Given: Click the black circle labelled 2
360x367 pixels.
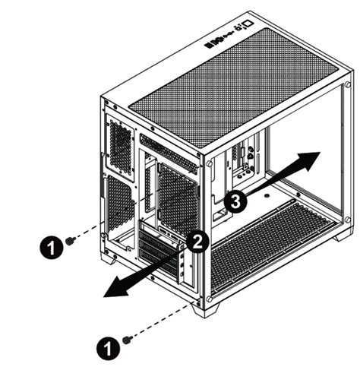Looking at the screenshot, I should pyautogui.click(x=197, y=242).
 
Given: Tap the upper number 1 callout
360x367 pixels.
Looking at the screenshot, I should pyautogui.click(x=50, y=245).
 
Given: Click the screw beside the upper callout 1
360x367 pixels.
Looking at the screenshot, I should pyautogui.click(x=70, y=240).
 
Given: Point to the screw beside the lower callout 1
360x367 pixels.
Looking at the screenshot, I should pyautogui.click(x=127, y=338).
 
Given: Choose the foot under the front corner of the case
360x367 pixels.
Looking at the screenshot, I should pyautogui.click(x=206, y=309).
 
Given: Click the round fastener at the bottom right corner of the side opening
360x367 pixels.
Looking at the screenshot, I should pyautogui.click(x=347, y=220).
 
